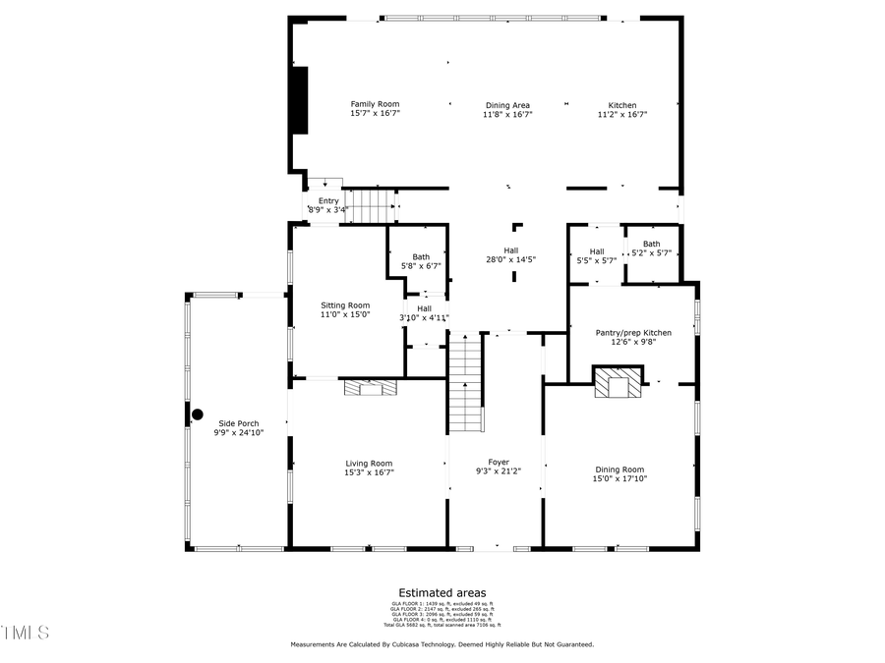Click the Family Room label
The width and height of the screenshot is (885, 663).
click(x=376, y=104)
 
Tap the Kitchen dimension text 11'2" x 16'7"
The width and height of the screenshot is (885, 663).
click(x=621, y=115)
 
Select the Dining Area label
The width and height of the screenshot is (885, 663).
click(x=507, y=105)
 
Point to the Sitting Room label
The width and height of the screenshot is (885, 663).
click(x=345, y=305)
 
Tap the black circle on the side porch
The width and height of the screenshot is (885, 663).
click(x=197, y=415)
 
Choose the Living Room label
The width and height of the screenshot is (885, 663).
click(x=369, y=464)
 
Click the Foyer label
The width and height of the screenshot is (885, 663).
click(x=499, y=462)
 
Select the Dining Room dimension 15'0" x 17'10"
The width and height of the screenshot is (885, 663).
click(x=619, y=478)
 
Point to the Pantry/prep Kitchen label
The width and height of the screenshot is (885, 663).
click(x=633, y=333)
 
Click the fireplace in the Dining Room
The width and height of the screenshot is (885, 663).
click(x=618, y=384)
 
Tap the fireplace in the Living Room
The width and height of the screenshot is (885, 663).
click(x=372, y=388)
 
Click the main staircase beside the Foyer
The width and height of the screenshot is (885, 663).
click(x=466, y=383)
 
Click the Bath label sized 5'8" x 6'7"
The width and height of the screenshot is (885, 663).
click(x=421, y=257)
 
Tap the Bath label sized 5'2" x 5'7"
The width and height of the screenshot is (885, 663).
click(x=651, y=244)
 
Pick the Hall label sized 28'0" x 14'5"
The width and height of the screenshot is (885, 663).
click(x=511, y=250)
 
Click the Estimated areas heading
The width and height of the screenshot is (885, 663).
click(x=442, y=592)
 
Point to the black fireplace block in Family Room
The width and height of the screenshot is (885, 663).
click(x=300, y=100)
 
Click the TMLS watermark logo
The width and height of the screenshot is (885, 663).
click(x=25, y=632)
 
